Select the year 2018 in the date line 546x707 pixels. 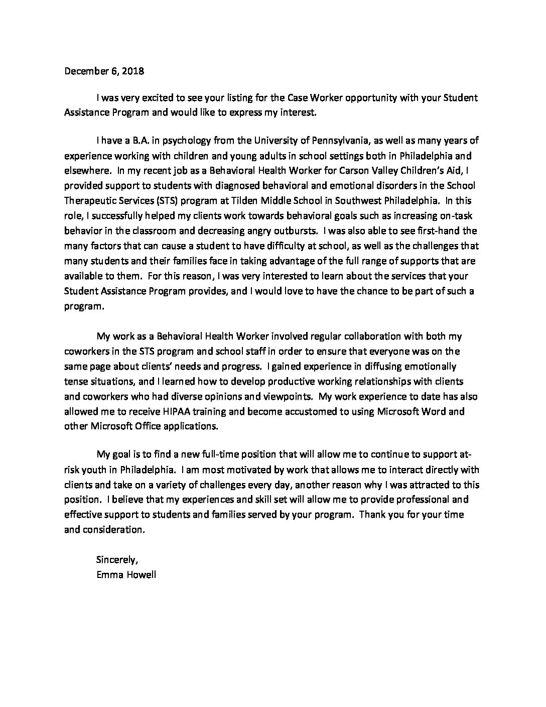(132, 71)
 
